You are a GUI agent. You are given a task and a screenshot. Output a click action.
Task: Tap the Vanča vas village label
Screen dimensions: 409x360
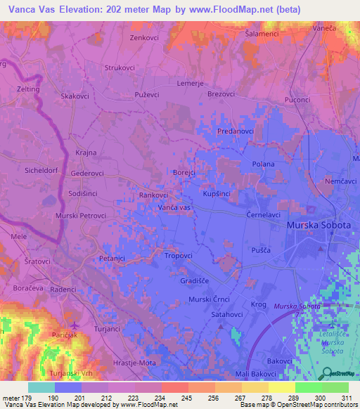click(x=175, y=209)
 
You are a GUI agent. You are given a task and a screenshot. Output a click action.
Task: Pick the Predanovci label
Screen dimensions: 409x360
click(x=235, y=131)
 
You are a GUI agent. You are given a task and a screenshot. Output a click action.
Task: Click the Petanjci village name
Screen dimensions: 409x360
click(x=112, y=258)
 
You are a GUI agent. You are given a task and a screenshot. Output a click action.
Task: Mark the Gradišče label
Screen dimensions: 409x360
click(x=196, y=280)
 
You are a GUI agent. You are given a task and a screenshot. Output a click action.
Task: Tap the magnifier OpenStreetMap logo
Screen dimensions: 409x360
click(x=326, y=372)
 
